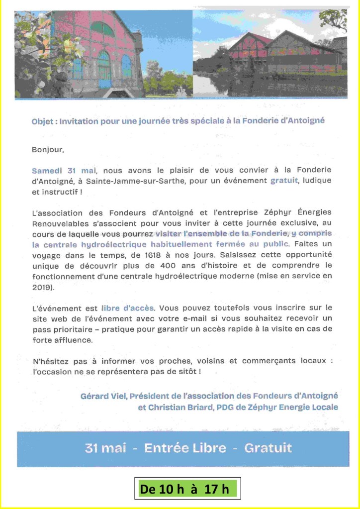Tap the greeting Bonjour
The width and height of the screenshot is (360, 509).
pos(48,149)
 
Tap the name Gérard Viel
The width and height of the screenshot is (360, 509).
pos(104,396)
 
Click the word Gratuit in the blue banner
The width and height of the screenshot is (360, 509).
pos(268,448)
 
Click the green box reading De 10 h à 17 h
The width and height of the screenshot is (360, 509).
pos(187,489)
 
